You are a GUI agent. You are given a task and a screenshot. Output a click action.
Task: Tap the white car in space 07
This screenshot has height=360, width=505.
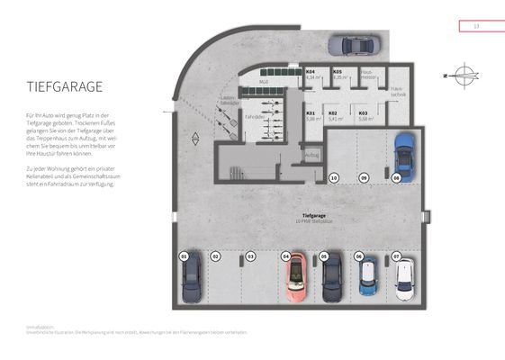point(404,279)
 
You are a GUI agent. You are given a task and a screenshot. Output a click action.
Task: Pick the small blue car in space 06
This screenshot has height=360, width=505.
point(368,279)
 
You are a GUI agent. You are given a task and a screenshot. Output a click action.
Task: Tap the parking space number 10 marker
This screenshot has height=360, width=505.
point(334,178)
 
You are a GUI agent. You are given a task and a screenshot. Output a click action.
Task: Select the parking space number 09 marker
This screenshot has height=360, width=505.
point(364,178)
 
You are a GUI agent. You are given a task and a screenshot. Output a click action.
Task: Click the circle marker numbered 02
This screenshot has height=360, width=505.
point(216,256)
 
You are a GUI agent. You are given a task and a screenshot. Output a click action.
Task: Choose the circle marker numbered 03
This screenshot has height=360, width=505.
point(251,256)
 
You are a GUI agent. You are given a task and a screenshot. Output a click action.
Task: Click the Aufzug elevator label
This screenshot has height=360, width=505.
point(312,154)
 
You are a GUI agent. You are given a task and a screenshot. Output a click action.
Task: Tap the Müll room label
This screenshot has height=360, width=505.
point(264,82)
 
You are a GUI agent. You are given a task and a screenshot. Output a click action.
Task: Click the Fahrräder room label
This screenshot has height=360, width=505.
point(257,116)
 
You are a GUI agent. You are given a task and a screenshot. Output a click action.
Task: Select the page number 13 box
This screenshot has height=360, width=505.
point(476,26)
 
